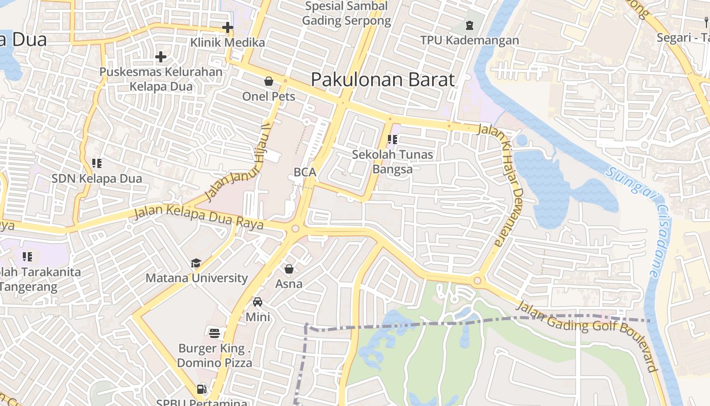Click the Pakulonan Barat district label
click(383, 80)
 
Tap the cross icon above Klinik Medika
click(228, 27)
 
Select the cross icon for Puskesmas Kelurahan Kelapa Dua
click(161, 57)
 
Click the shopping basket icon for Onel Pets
click(268, 81)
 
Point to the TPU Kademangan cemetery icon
click(470, 25)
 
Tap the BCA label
click(305, 172)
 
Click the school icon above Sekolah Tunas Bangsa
click(392, 139)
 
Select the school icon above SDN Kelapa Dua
click(97, 163)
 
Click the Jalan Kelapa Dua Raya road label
click(198, 219)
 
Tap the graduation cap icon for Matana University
click(196, 263)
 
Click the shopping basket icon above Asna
click(289, 268)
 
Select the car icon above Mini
click(258, 301)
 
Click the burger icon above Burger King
click(215, 333)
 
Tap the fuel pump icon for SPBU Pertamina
click(201, 389)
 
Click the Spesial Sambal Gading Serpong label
click(346, 14)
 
